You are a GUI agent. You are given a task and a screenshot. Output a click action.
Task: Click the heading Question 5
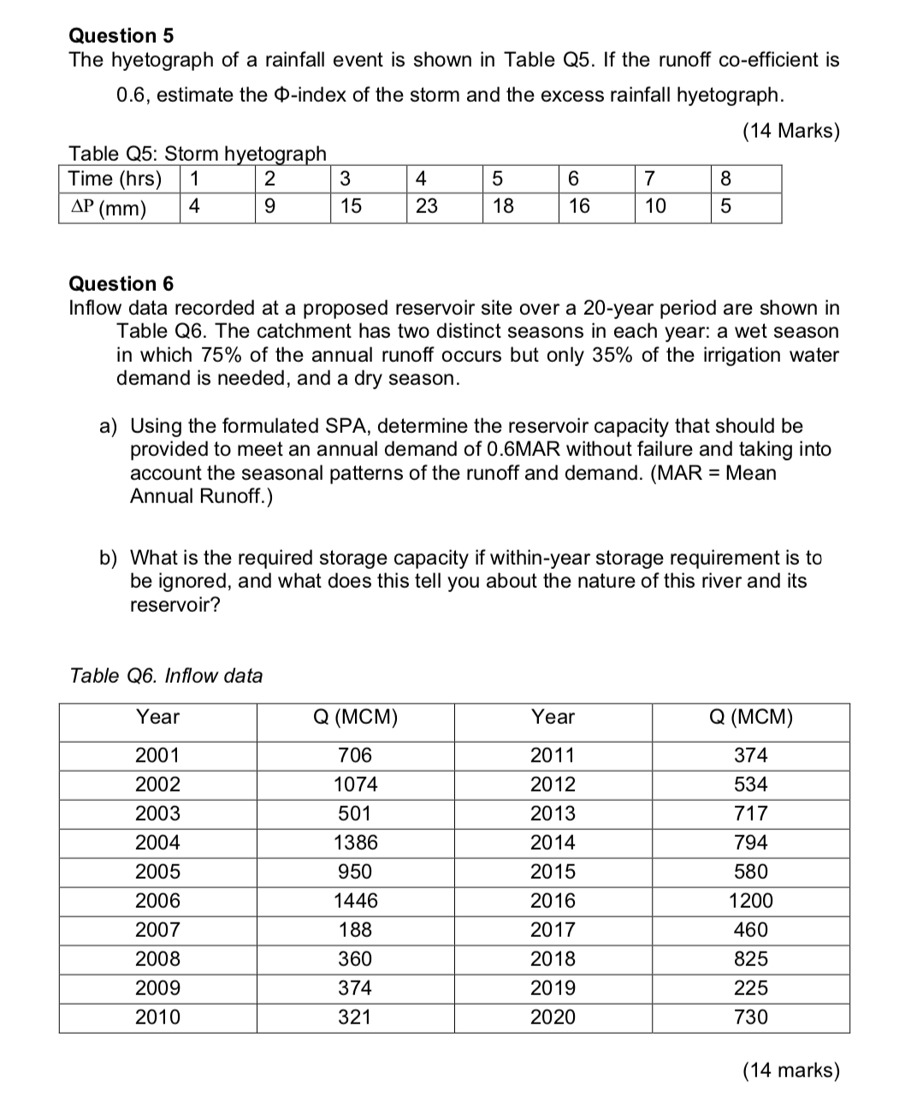coord(121,35)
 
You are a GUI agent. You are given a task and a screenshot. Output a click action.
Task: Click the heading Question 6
coord(121,283)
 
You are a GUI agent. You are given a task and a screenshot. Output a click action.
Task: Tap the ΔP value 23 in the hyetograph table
coord(426,207)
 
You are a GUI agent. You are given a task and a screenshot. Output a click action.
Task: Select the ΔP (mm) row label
coord(107,208)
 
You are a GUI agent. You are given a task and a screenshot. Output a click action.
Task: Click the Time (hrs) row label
coord(115,179)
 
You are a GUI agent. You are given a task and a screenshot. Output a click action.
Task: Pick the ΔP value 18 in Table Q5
coord(502,207)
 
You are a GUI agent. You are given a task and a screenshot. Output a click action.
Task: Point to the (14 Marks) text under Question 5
coord(790,131)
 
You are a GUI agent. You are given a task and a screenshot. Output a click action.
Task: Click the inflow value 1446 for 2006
coord(355,900)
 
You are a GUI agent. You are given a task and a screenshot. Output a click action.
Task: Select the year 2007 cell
coord(157,929)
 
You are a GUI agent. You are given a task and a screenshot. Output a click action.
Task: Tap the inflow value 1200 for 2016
coord(750,900)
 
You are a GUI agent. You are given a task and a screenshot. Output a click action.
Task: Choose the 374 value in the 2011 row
coord(750,755)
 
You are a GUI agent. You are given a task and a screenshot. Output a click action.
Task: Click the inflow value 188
coord(355,929)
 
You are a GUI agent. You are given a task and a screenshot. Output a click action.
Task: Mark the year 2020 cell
coord(553,1017)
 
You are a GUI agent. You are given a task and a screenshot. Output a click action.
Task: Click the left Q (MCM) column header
coord(355,717)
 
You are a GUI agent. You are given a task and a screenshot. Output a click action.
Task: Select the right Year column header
coord(553,717)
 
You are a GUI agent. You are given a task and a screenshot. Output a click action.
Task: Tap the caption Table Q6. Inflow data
coord(166,675)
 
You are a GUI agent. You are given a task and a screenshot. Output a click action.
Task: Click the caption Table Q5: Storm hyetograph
coord(197,154)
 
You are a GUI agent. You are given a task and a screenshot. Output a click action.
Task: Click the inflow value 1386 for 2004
coord(355,842)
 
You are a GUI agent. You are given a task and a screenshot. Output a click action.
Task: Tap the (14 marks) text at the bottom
coord(790,1070)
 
